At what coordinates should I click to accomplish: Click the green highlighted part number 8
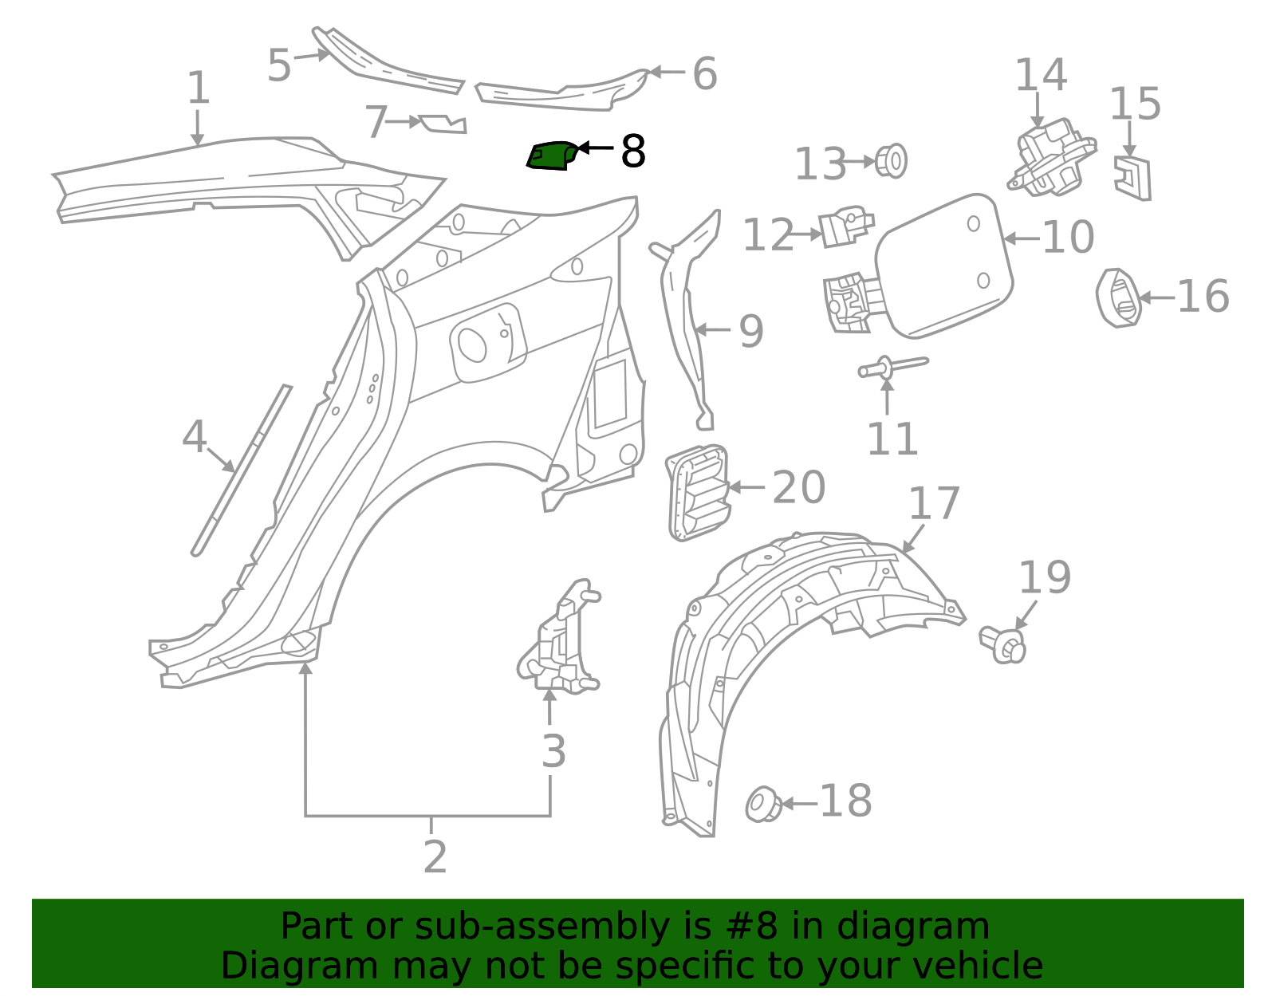point(550,155)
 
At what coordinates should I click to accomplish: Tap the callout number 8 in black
point(632,151)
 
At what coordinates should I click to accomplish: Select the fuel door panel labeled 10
point(945,263)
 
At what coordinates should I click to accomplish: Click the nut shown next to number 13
point(892,161)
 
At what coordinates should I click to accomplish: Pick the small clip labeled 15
point(1133,178)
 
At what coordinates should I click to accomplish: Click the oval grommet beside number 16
point(1118,298)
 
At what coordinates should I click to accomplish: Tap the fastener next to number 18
point(763,804)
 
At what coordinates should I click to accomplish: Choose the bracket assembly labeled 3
point(561,639)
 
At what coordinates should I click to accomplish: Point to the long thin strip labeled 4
point(241,470)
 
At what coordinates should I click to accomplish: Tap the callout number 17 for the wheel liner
point(933,504)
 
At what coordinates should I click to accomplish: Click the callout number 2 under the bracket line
point(435,857)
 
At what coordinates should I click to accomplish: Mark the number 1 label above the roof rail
point(198,88)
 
